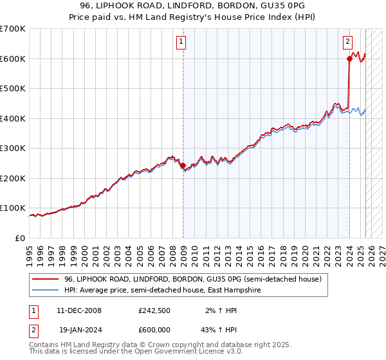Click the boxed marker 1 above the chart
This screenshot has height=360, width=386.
pos(182,42)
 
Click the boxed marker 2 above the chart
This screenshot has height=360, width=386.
pos(347,42)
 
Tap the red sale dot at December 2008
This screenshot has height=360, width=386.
pos(183,166)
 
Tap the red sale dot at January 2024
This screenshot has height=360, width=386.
pos(349,59)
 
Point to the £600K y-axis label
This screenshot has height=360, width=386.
pos(13,59)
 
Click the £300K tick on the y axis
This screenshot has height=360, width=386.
pos(13,148)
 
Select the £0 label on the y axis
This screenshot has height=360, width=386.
pos(21,238)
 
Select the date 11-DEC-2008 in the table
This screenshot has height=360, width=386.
pos(80,310)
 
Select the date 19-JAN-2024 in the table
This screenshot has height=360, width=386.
pos(80,329)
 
